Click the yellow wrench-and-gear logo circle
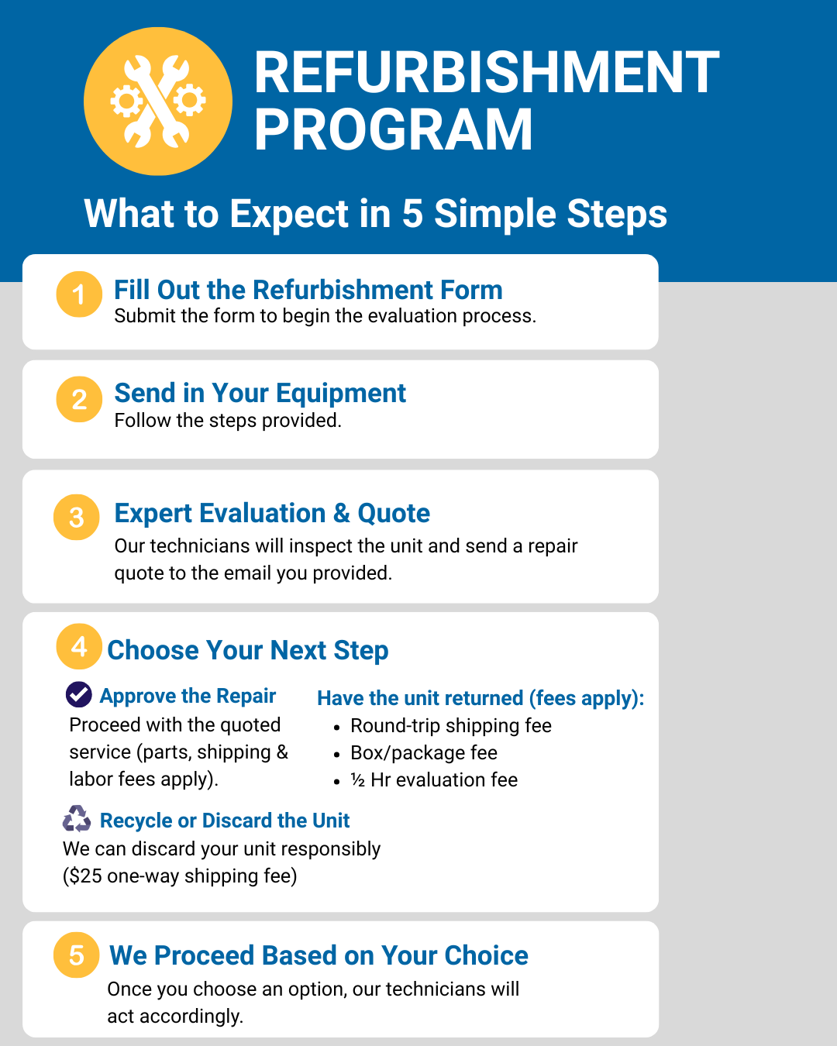158,101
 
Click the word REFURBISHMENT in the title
487,72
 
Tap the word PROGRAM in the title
394,129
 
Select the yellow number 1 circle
79,294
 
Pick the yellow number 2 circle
79,399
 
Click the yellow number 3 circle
77,517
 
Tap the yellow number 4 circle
79,646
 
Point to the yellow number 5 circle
77,955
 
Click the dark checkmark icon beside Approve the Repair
79,694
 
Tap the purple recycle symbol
77,818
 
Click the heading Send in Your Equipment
260,394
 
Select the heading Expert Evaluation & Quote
272,513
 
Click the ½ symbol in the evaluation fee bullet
358,780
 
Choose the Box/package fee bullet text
424,753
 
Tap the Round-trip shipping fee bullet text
451,726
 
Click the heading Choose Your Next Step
247,650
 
